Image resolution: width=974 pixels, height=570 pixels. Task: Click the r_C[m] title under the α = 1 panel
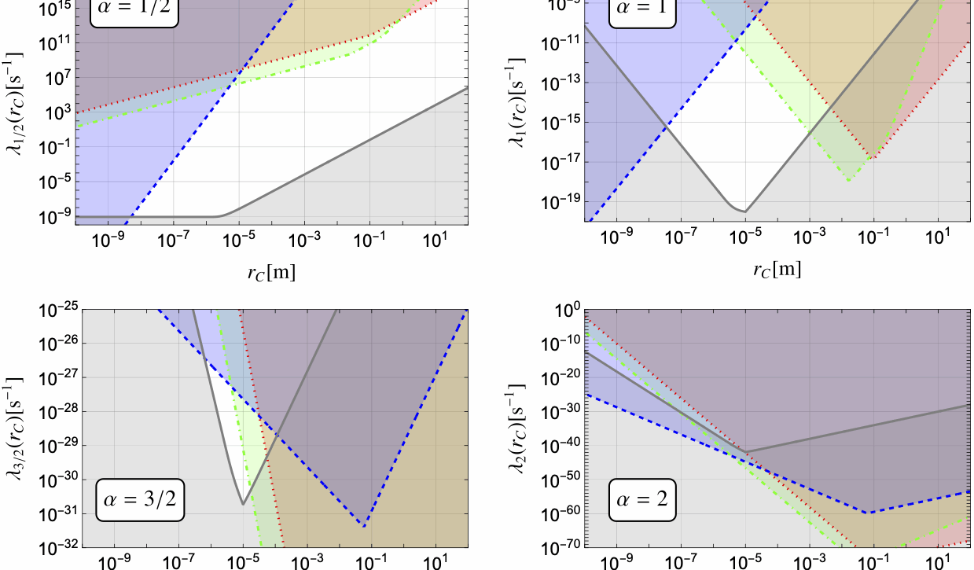coord(777,270)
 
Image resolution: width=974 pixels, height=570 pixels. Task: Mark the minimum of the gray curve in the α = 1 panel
coord(744,211)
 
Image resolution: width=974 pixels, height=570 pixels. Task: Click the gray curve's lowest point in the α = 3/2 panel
coord(243,503)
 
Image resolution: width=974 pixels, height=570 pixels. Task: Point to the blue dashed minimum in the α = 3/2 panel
coord(362,526)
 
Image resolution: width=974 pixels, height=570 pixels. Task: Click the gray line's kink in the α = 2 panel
coord(746,452)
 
